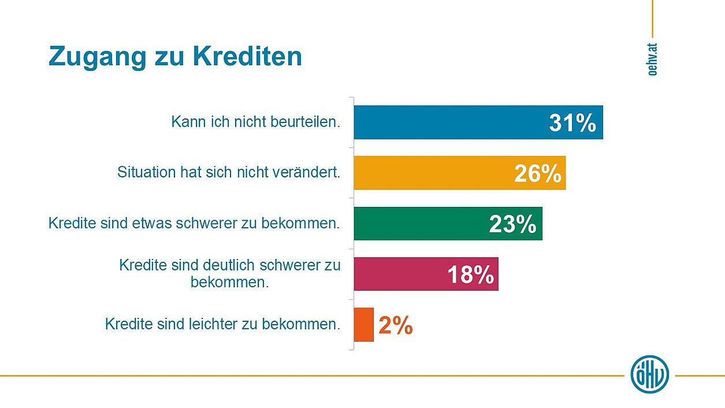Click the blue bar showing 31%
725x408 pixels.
[451, 123]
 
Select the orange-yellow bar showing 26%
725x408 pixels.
[433, 173]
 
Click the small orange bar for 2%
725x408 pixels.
[363, 325]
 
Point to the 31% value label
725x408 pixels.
[572, 123]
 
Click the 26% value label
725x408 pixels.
[538, 173]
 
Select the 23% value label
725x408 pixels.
[512, 224]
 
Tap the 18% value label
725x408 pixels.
[471, 275]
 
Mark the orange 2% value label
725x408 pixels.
[396, 325]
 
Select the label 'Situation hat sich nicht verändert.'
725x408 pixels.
[229, 172]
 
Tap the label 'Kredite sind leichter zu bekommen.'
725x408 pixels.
[222, 324]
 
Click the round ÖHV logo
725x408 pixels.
[650, 374]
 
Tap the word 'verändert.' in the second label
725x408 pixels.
[311, 172]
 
